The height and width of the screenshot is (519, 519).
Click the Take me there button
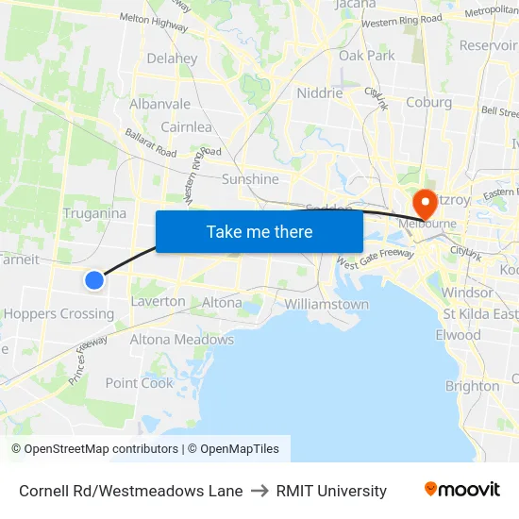259,231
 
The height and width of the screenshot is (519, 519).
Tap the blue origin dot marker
94,279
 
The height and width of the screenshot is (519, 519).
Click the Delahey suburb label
172,59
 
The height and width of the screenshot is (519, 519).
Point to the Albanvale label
160,104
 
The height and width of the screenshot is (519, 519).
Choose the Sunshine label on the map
250,179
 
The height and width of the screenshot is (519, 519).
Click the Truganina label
94,213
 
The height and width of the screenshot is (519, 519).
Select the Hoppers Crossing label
59,314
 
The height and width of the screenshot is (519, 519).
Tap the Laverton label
158,302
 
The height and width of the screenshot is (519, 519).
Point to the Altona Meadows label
181,340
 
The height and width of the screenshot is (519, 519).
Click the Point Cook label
140,383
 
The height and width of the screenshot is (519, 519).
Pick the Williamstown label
326,305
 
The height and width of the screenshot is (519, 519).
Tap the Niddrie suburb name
320,93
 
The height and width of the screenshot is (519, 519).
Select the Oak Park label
367,56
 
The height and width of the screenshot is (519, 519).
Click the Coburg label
428,103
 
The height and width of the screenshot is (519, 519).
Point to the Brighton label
472,386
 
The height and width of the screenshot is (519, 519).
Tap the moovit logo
462,490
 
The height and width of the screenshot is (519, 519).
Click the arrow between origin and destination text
259,491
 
